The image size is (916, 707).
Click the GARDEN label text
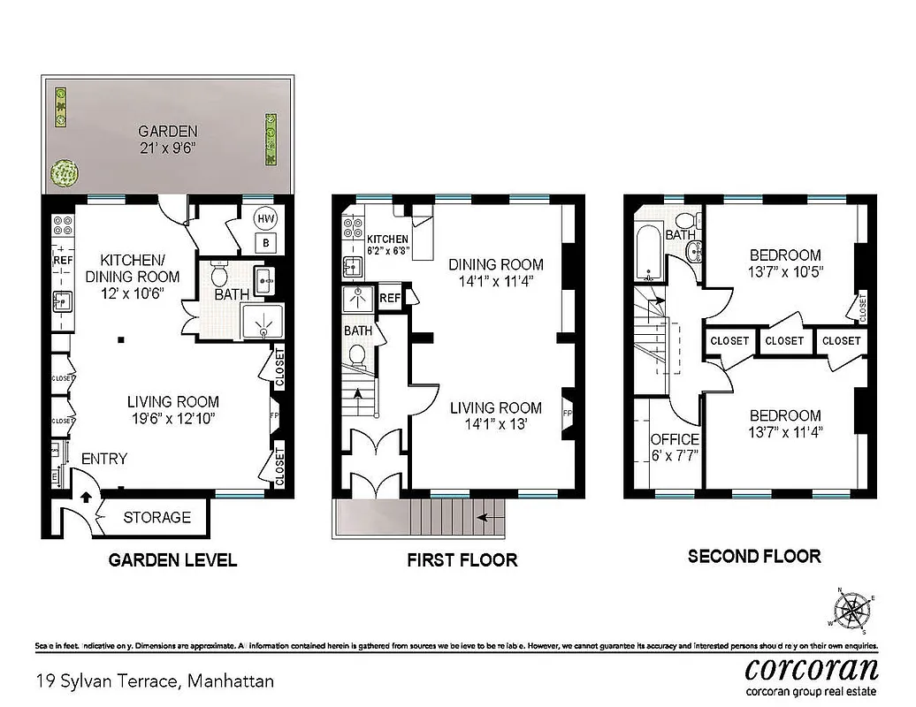167,131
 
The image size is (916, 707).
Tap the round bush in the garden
62,173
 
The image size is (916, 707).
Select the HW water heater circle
264,217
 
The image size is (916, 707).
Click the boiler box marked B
264,242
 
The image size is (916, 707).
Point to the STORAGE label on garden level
156,517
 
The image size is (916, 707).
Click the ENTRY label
103,459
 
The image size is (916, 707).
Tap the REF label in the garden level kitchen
63,261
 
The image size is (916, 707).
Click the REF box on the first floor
390,298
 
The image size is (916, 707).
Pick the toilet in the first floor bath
358,355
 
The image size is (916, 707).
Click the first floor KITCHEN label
387,239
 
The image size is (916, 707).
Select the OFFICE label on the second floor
675,439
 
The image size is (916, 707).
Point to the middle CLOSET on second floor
783,340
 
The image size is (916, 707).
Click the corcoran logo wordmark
812,667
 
